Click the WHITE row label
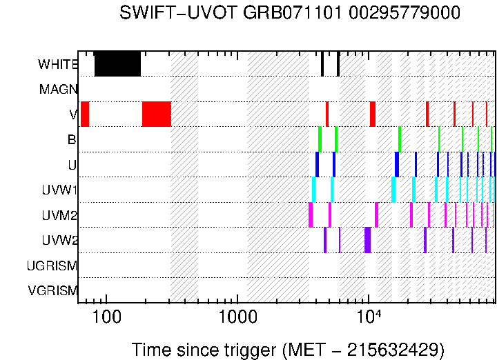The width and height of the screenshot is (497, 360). click(x=58, y=64)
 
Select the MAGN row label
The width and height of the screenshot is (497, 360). click(x=59, y=89)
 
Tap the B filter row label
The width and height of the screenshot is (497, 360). click(x=72, y=140)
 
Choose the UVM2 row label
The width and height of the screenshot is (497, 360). click(x=59, y=215)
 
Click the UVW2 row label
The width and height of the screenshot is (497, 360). click(x=59, y=241)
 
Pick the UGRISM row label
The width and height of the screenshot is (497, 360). click(x=52, y=266)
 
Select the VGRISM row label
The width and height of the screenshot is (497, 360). click(x=52, y=290)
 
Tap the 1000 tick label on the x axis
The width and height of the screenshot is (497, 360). click(x=237, y=317)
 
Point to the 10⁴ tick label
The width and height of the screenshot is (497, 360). click(x=369, y=315)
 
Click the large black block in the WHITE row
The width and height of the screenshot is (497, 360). click(x=117, y=63)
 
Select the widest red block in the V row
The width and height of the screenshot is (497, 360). click(x=157, y=114)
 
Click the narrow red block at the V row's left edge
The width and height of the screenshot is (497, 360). click(x=85, y=114)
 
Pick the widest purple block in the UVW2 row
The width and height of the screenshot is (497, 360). click(x=367, y=240)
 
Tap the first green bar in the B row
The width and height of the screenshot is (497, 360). click(x=320, y=139)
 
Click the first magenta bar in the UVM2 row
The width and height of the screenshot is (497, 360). click(x=311, y=214)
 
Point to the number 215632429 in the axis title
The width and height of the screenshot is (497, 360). click(x=386, y=350)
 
